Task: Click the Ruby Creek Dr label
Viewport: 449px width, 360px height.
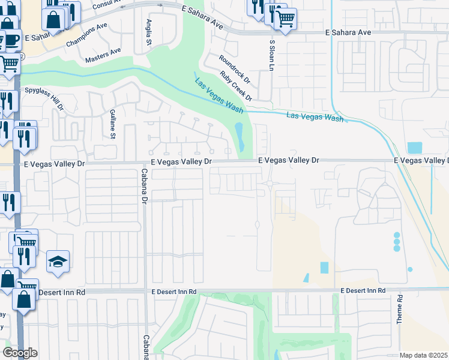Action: [x=237, y=85]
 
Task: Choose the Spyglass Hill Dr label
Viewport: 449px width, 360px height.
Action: [x=44, y=98]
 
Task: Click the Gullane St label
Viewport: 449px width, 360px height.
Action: [x=112, y=123]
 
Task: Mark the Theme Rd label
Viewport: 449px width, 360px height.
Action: [x=399, y=310]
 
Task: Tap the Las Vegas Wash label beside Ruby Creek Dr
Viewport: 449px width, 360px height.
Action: [x=218, y=94]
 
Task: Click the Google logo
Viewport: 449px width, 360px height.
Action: [x=20, y=353]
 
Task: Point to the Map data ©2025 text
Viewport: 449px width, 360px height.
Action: [x=424, y=355]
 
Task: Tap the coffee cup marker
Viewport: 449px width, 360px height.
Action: [x=11, y=40]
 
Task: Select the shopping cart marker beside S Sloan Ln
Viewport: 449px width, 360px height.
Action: [x=285, y=20]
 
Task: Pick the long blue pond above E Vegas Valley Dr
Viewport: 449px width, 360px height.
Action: [x=240, y=137]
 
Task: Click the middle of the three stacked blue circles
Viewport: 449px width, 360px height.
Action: [x=396, y=241]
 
